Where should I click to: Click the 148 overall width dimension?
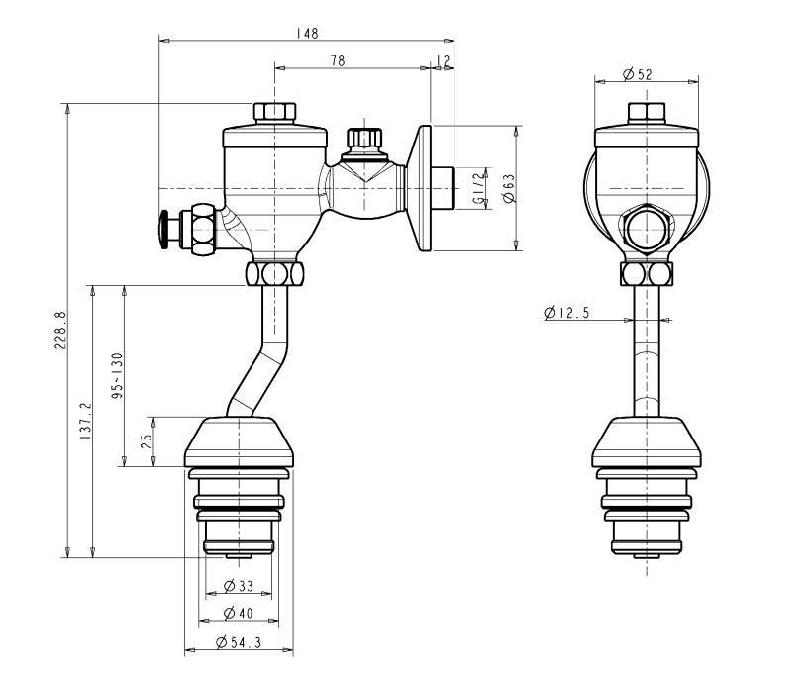[307, 33]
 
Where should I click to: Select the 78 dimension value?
[338, 60]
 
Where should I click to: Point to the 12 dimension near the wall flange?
[442, 60]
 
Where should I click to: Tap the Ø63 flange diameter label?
[507, 188]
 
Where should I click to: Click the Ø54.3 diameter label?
[238, 643]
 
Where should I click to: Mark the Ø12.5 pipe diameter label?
[566, 314]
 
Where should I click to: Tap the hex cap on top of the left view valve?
[274, 111]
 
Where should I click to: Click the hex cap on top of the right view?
[647, 111]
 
